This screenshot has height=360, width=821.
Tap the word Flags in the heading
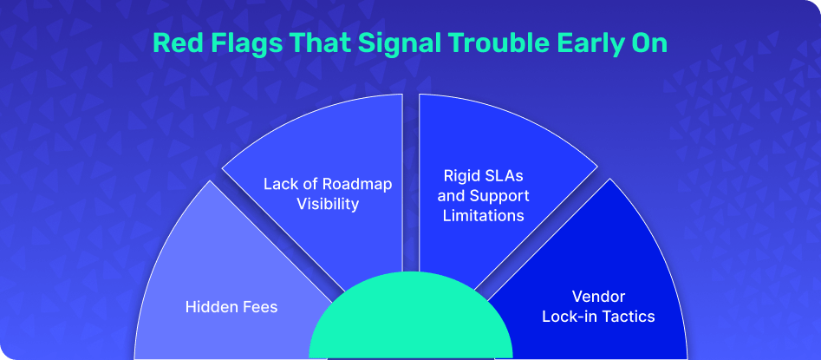pyautogui.click(x=230, y=44)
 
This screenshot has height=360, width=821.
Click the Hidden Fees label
pyautogui.click(x=231, y=306)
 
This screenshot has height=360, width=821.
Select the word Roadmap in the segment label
pyautogui.click(x=356, y=185)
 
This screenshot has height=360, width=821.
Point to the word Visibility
pyautogui.click(x=328, y=204)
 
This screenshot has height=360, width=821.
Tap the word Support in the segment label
pyautogui.click(x=499, y=196)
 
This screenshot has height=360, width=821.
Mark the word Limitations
pyautogui.click(x=483, y=215)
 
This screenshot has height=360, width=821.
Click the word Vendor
pyautogui.click(x=598, y=297)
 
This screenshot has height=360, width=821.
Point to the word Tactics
pyautogui.click(x=629, y=317)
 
